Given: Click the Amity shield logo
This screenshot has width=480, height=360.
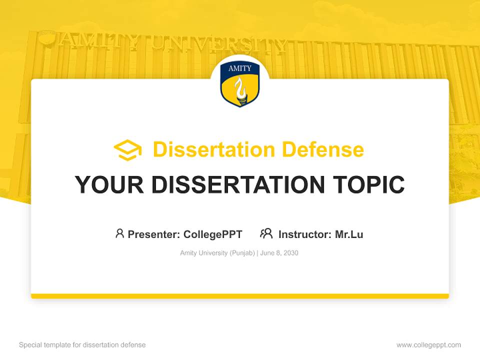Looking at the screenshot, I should tap(239, 84).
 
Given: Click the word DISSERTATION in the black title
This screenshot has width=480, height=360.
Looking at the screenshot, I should tap(234, 185).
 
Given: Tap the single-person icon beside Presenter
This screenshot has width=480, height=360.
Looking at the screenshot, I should tap(119, 233).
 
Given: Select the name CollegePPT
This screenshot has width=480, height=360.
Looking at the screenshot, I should tap(212, 234).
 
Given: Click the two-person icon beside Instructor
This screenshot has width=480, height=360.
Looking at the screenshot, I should tap(266, 233).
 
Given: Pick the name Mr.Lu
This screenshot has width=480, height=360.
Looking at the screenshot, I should tap(349, 234).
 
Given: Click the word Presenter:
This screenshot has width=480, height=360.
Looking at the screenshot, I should tap(154, 234).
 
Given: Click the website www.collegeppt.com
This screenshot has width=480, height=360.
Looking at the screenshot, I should tap(428, 345).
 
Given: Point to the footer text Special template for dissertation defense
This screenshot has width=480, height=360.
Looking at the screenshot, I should tap(82, 345).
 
